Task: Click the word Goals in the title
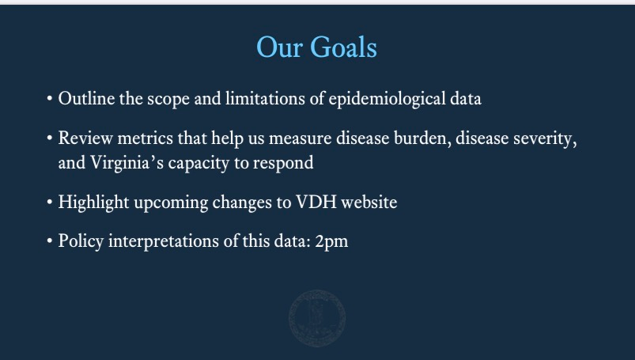pyautogui.click(x=343, y=47)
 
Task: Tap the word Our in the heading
pyautogui.click(x=279, y=47)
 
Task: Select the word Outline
pyautogui.click(x=86, y=99)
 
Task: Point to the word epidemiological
pyautogui.click(x=387, y=100)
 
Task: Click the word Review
pyautogui.click(x=85, y=138)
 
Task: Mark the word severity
pyautogui.click(x=545, y=139)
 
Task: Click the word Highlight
pyautogui.click(x=93, y=203)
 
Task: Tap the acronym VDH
pyautogui.click(x=316, y=202)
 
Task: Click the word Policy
pyautogui.click(x=81, y=241)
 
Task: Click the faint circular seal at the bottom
pyautogui.click(x=317, y=318)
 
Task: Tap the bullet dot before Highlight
pyautogui.click(x=49, y=202)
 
